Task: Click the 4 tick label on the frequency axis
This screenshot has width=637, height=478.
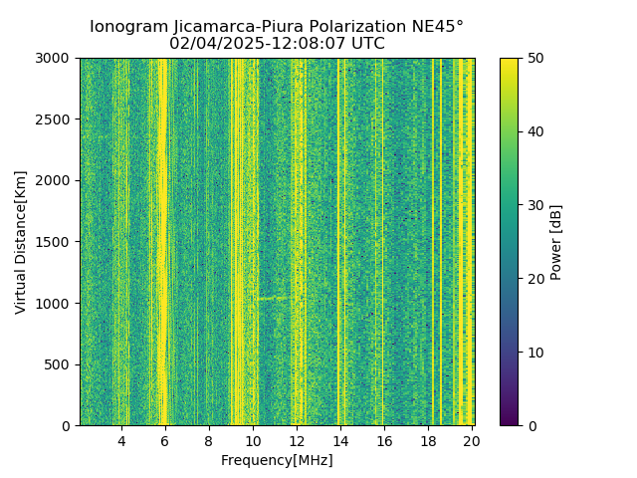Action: point(121,441)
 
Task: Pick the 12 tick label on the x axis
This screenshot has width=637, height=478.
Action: point(297,441)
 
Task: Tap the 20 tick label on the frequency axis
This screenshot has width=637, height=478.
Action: point(472,441)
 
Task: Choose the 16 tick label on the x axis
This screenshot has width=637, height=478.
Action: point(384,441)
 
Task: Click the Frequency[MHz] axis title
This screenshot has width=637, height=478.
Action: point(277,460)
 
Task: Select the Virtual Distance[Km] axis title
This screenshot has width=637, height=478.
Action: point(21,242)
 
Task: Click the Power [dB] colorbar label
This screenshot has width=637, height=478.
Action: point(556,242)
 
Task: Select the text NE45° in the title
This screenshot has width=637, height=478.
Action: point(432,27)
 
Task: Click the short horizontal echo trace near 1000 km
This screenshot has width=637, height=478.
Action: point(271,297)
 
